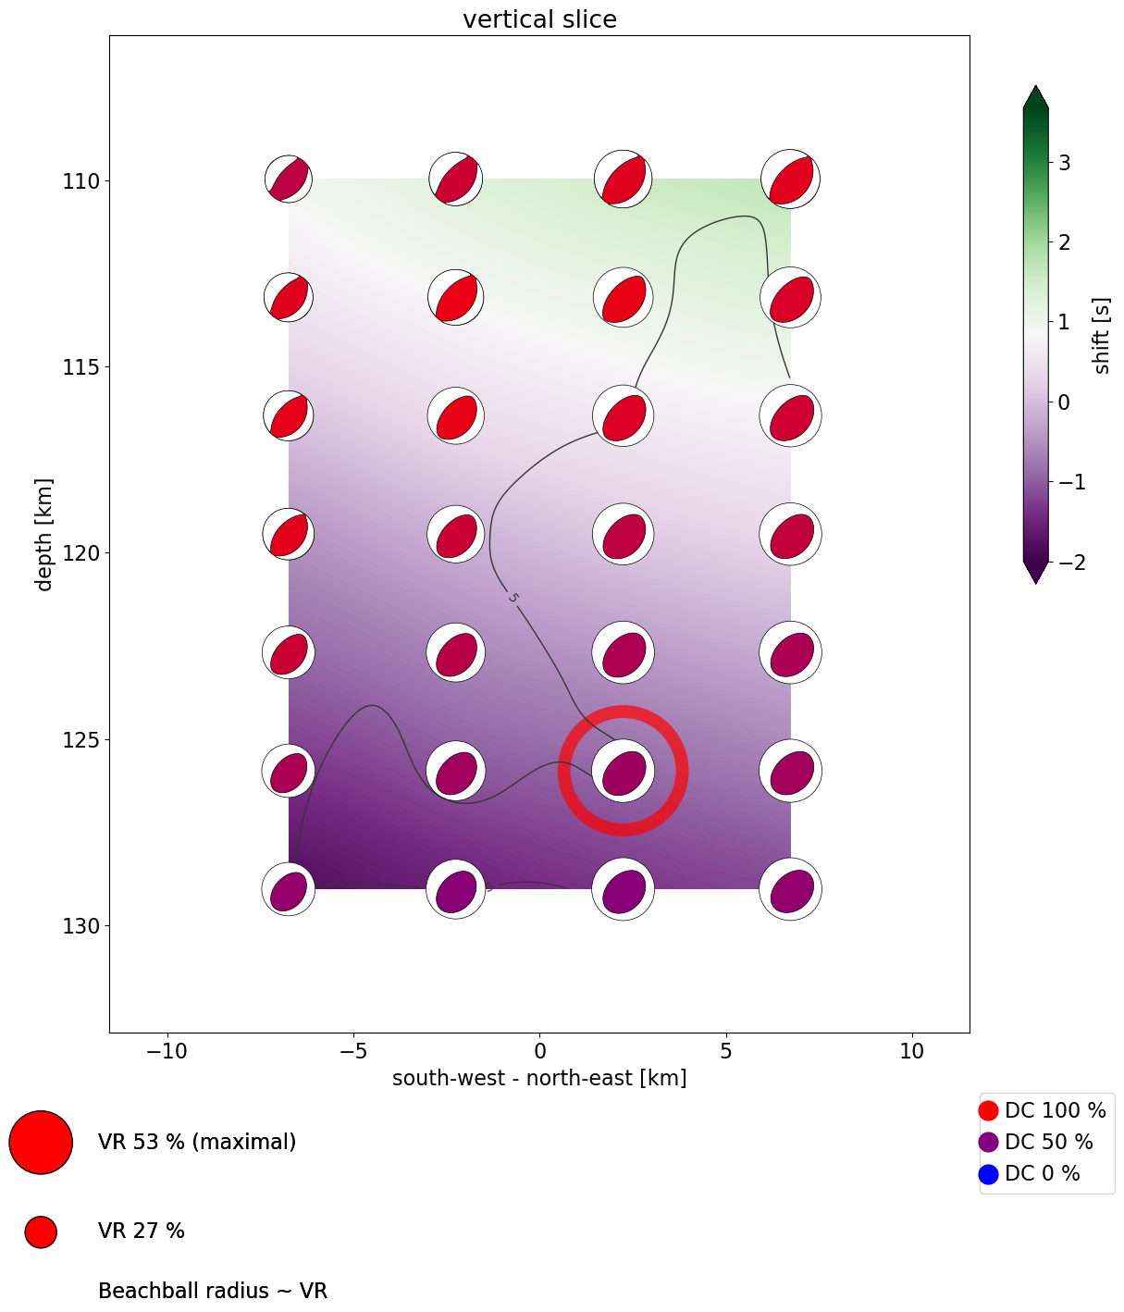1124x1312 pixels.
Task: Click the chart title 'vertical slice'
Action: tap(539, 19)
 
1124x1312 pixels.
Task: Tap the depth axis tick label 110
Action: tap(80, 180)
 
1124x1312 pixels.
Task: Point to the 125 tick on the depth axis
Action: tap(80, 740)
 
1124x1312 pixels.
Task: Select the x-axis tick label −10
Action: tap(167, 1052)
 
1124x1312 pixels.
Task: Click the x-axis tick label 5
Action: tap(726, 1052)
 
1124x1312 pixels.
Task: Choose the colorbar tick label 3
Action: tap(1065, 163)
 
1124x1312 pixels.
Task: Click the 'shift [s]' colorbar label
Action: tap(1101, 335)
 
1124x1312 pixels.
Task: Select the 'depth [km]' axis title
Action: tap(43, 534)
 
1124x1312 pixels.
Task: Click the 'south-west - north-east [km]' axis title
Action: tap(539, 1078)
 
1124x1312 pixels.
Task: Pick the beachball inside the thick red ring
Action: tap(623, 771)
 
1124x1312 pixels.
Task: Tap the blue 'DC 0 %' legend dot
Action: tap(988, 1174)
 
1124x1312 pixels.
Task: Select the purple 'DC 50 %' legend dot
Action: tap(988, 1143)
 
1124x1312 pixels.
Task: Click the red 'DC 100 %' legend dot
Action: tap(988, 1110)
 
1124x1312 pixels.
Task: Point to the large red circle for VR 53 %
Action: tap(41, 1142)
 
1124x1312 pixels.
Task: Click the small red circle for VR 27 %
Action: tap(41, 1232)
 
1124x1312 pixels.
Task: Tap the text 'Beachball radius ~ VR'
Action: tap(213, 1291)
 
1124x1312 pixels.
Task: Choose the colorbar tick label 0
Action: tap(1065, 402)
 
